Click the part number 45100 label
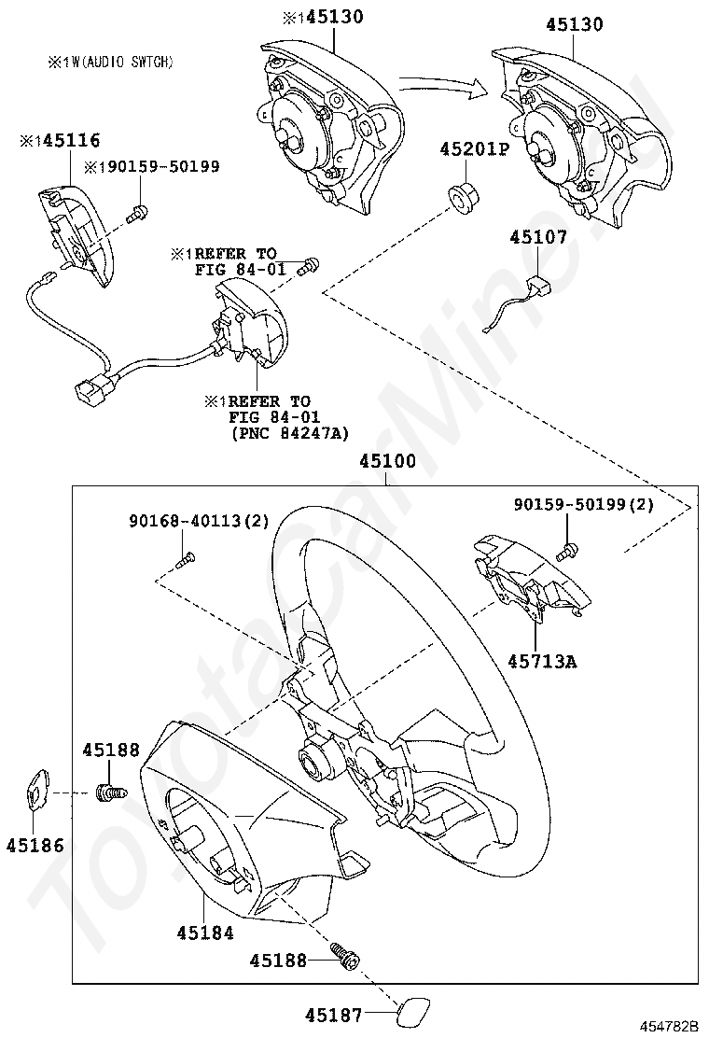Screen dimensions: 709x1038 click(387, 461)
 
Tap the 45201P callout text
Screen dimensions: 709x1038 click(475, 149)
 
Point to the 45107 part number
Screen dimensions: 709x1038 click(538, 236)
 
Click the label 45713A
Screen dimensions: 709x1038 click(542, 661)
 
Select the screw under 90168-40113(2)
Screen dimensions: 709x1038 click(187, 559)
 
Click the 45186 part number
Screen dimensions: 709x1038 click(35, 845)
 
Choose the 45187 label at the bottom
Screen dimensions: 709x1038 click(334, 1014)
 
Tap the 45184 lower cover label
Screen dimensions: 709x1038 click(205, 933)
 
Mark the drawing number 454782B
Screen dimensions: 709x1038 click(669, 1026)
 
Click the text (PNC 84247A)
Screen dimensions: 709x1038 click(290, 433)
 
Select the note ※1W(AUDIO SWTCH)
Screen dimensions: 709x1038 click(110, 62)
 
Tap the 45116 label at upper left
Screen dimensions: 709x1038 click(61, 140)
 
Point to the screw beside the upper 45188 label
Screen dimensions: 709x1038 click(110, 791)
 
